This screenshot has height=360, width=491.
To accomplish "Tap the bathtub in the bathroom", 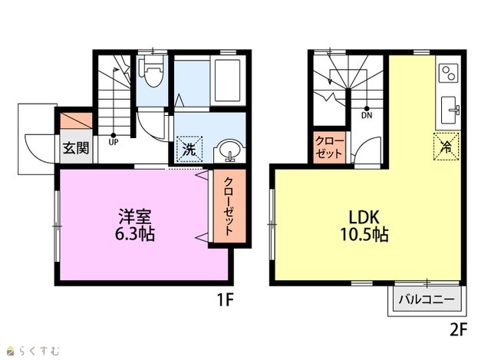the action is pyautogui.click(x=228, y=80).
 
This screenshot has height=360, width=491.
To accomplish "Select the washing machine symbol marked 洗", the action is pyautogui.click(x=189, y=149).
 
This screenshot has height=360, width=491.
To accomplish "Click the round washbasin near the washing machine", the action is pyautogui.click(x=230, y=150).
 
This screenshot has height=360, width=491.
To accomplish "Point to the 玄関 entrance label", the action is pyautogui.click(x=76, y=148).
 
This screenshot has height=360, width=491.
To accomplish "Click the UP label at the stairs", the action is pyautogui.click(x=113, y=142).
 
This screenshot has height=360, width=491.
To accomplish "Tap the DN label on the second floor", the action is pyautogui.click(x=367, y=115).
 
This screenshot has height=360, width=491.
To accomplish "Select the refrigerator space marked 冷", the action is pyautogui.click(x=447, y=147).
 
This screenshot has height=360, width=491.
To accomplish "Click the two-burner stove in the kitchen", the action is pyautogui.click(x=449, y=73).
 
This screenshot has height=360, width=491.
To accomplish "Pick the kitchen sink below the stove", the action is pyautogui.click(x=450, y=110).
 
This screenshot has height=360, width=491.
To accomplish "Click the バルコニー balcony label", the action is pyautogui.click(x=427, y=300).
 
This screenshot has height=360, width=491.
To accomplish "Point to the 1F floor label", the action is pyautogui.click(x=225, y=300).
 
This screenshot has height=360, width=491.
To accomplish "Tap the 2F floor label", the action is pyautogui.click(x=459, y=329).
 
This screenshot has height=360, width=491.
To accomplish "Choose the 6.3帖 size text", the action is pyautogui.click(x=135, y=233).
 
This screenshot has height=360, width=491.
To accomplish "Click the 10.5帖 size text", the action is pyautogui.click(x=364, y=234).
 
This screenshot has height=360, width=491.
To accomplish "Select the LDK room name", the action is pyautogui.click(x=364, y=216).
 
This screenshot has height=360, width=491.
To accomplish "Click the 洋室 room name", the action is pyautogui.click(x=135, y=216).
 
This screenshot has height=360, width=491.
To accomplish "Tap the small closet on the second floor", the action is pyautogui.click(x=329, y=147).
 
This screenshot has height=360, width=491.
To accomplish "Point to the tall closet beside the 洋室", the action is pyautogui.click(x=229, y=206).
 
